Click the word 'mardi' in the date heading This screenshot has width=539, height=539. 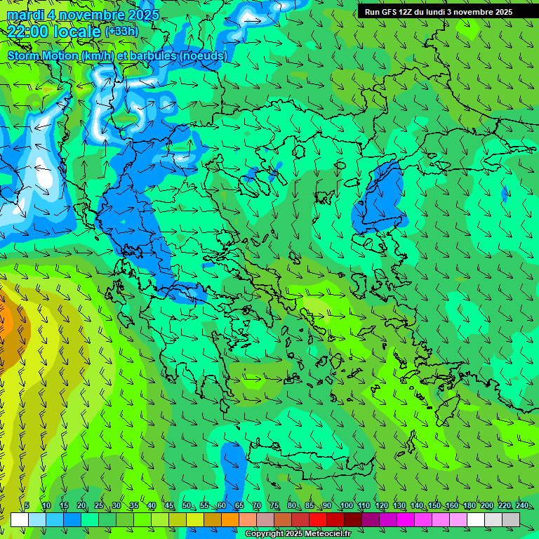point(25,15)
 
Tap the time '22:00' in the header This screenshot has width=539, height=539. point(27,31)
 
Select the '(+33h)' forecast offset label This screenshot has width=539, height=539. point(121,31)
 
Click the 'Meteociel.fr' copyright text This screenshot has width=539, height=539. point(326,534)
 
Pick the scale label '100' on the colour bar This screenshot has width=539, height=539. point(347,506)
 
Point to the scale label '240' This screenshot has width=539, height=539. point(521,506)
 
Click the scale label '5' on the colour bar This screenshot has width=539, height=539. point(27,506)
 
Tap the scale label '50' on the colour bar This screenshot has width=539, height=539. point(186,506)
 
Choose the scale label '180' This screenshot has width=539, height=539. point(469,506)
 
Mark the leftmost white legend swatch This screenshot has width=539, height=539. point(20,519)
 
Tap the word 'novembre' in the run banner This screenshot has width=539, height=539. point(473,12)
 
